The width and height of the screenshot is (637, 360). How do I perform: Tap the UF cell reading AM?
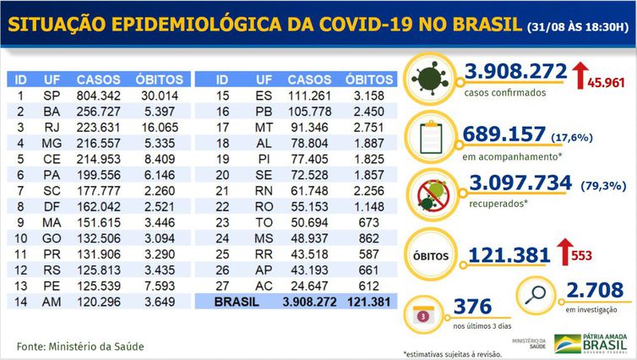point(51,299)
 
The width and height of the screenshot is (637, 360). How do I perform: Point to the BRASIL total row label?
point(239,299)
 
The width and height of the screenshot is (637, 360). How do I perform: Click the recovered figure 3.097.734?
point(517,183)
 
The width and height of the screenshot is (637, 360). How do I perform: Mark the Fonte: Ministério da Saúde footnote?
point(81,345)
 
